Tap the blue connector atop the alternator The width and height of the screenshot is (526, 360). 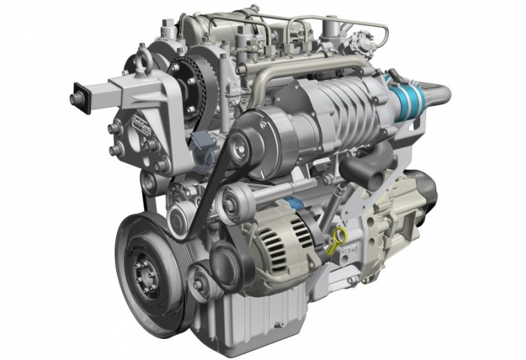293,205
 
